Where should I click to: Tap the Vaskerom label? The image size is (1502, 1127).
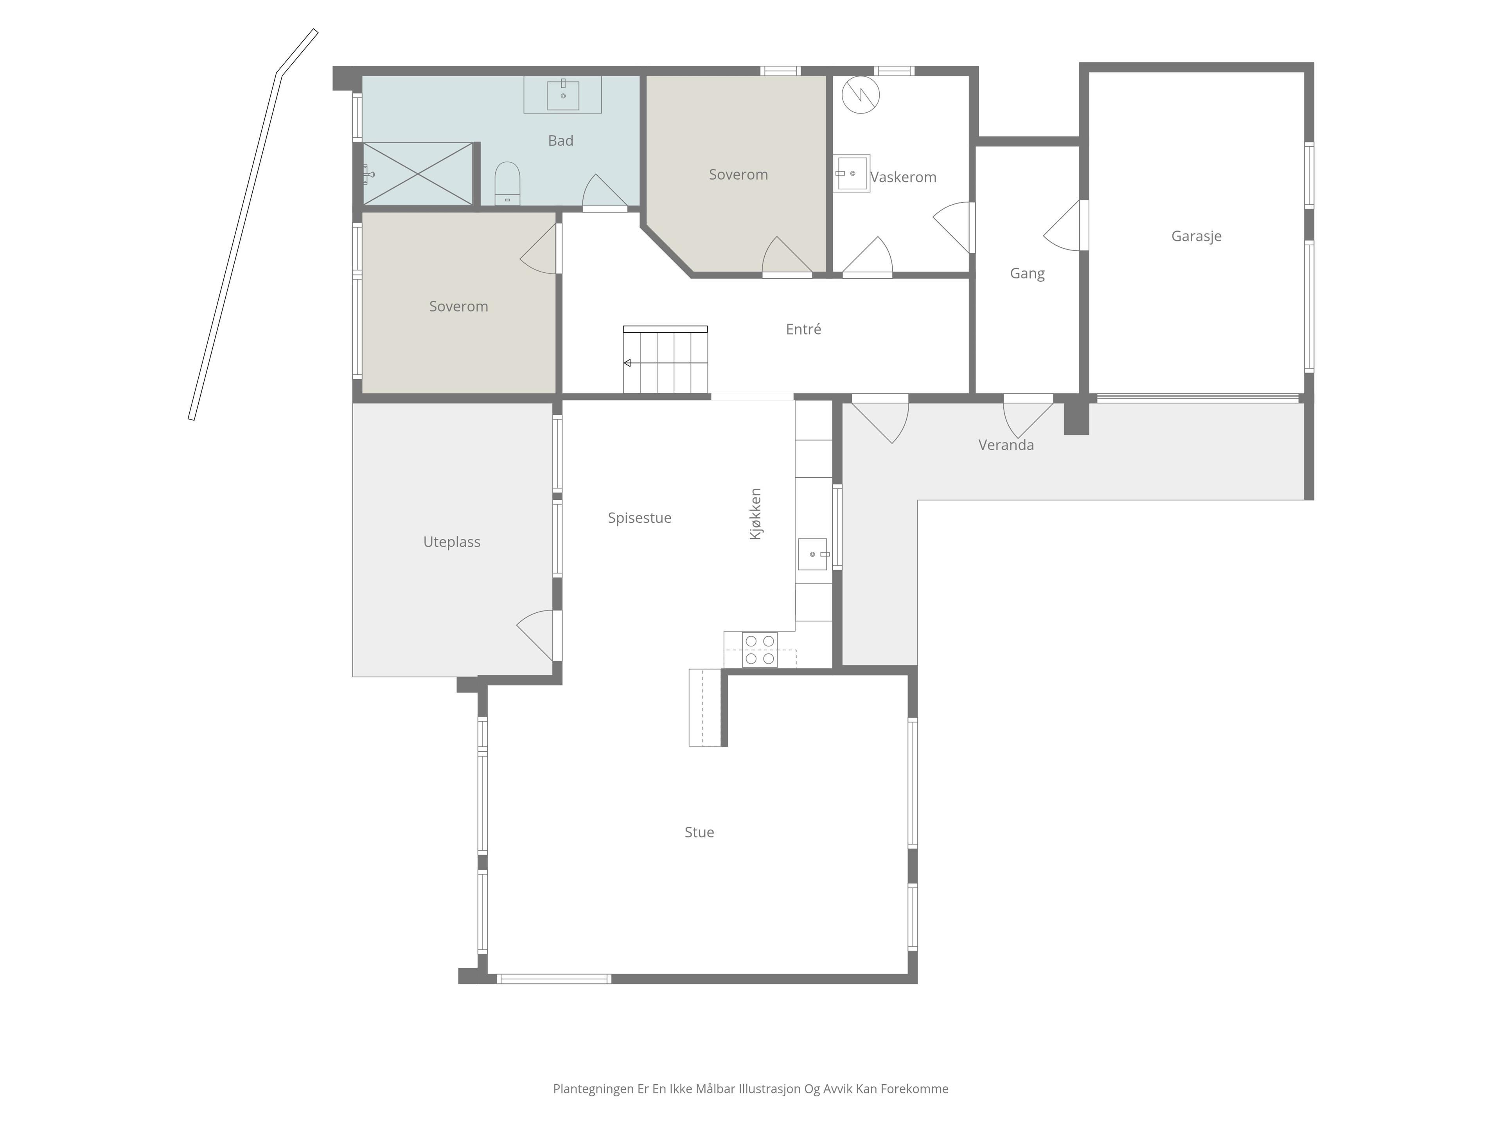[903, 177]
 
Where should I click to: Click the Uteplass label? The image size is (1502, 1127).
[451, 542]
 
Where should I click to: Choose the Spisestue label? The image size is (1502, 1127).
[639, 518]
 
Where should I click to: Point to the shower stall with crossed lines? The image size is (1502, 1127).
[418, 173]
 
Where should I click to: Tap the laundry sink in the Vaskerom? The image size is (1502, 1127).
[852, 173]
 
